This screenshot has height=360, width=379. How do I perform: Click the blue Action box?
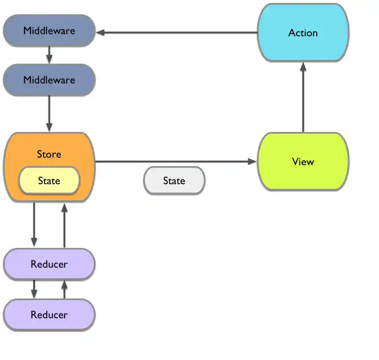tap(303, 33)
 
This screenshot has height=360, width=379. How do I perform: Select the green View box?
tap(303, 161)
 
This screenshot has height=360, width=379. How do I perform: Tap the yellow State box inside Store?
tap(49, 181)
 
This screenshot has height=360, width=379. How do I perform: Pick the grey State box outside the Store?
tap(174, 181)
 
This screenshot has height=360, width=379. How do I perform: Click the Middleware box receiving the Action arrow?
tap(49, 31)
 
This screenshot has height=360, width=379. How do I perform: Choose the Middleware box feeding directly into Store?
tap(49, 80)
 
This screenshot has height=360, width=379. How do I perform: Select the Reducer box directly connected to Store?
tap(49, 264)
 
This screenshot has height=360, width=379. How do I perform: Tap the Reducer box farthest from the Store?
tap(49, 315)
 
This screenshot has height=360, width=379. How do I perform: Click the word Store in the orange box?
tap(49, 154)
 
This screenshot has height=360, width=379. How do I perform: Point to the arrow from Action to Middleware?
tap(177, 32)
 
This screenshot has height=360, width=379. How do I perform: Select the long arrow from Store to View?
tap(177, 161)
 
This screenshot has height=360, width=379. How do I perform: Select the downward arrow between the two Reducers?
tap(34, 289)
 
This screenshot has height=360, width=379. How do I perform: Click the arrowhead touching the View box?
tap(253, 161)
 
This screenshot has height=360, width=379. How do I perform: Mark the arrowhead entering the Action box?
tap(303, 67)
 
